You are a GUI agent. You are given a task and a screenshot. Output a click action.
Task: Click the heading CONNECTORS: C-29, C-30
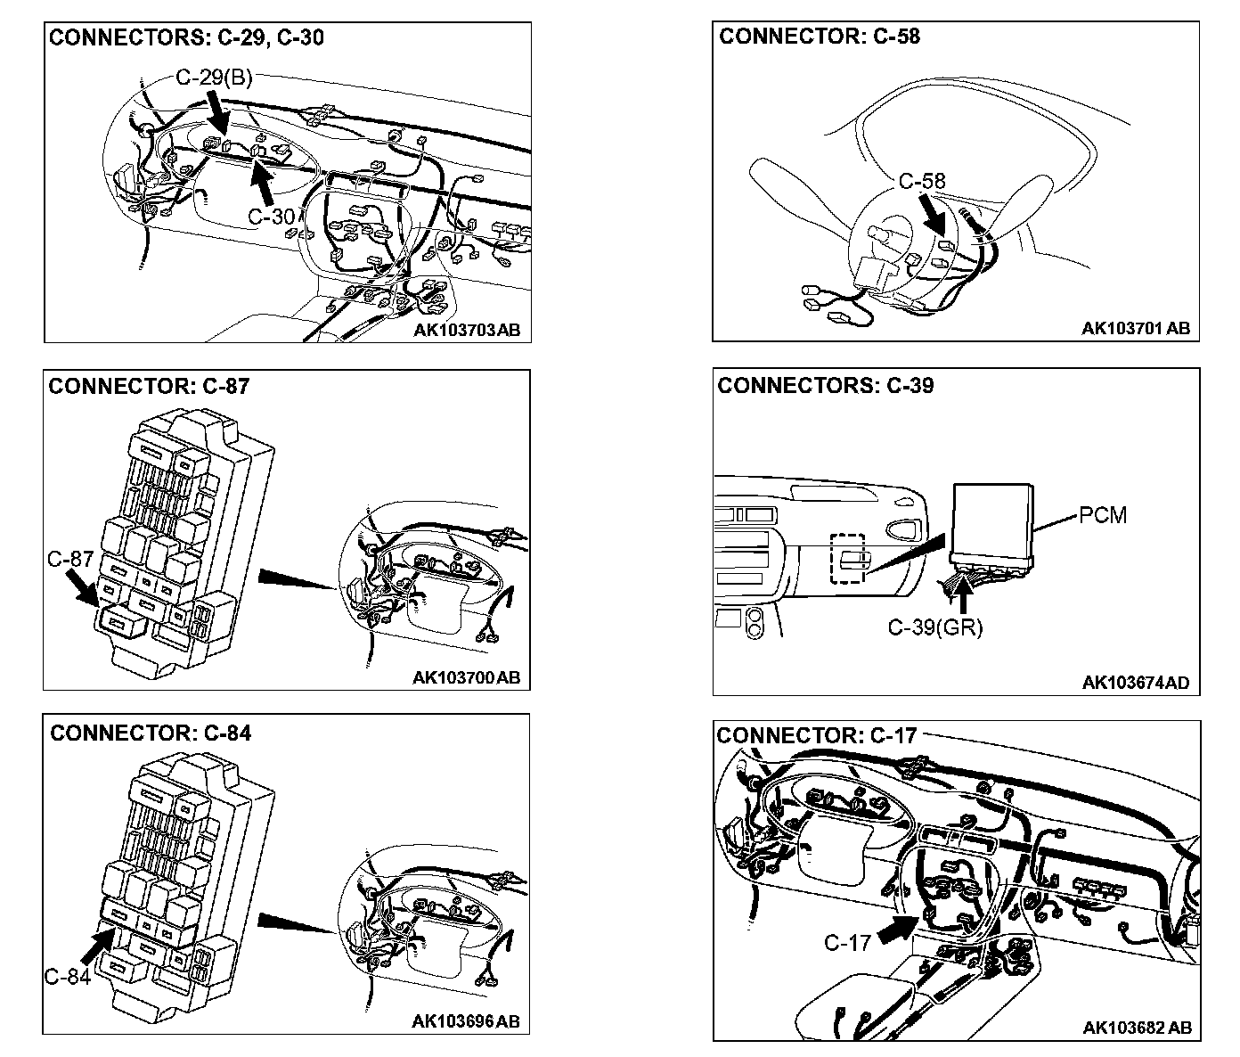(186, 37)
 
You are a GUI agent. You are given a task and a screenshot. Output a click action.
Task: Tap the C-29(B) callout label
(214, 78)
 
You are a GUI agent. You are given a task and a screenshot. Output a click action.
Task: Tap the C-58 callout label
(921, 182)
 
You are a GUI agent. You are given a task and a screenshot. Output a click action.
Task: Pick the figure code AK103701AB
(1136, 329)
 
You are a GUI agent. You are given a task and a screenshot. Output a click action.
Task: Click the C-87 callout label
(69, 560)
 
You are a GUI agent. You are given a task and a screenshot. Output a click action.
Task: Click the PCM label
(1103, 515)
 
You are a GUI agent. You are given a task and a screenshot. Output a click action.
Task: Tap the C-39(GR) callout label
(934, 627)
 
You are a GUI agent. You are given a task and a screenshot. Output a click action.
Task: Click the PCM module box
(992, 520)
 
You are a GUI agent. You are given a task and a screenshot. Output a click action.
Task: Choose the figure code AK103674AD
(1136, 684)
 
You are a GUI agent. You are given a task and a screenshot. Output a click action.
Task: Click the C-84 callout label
(68, 977)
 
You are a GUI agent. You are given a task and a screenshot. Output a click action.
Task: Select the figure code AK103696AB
(466, 1021)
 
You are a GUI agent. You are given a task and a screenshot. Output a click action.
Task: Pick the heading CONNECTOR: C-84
(151, 733)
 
